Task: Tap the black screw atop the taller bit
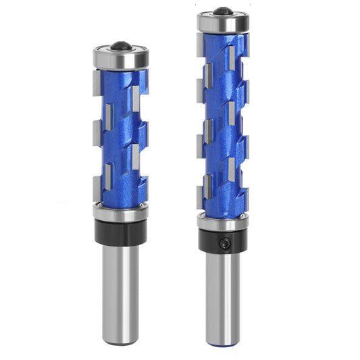point(223,11)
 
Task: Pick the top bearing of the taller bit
point(223,23)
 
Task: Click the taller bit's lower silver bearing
point(223,221)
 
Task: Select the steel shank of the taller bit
point(223,297)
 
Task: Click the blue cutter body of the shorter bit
point(122,135)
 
